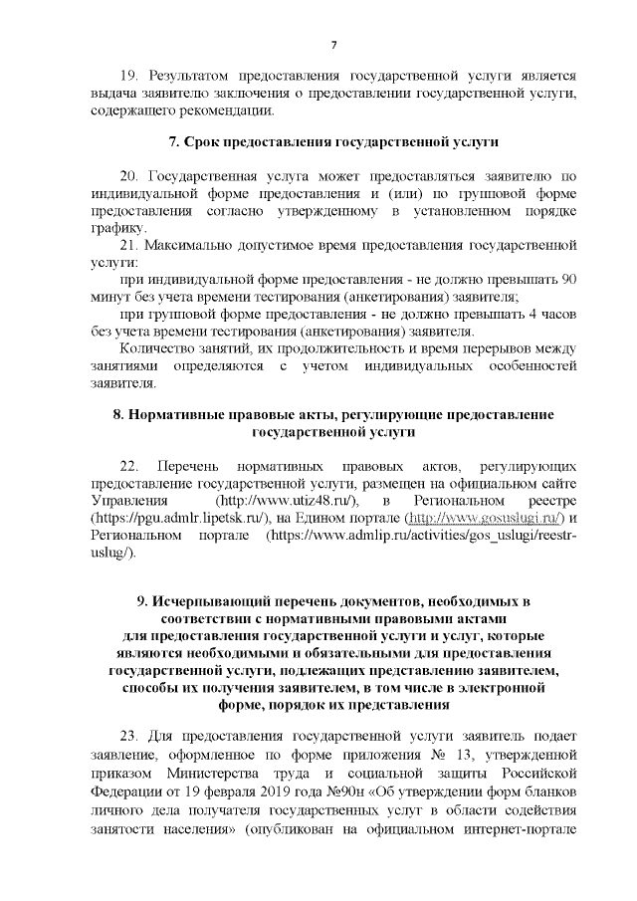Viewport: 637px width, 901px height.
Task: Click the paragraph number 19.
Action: coord(128,76)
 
